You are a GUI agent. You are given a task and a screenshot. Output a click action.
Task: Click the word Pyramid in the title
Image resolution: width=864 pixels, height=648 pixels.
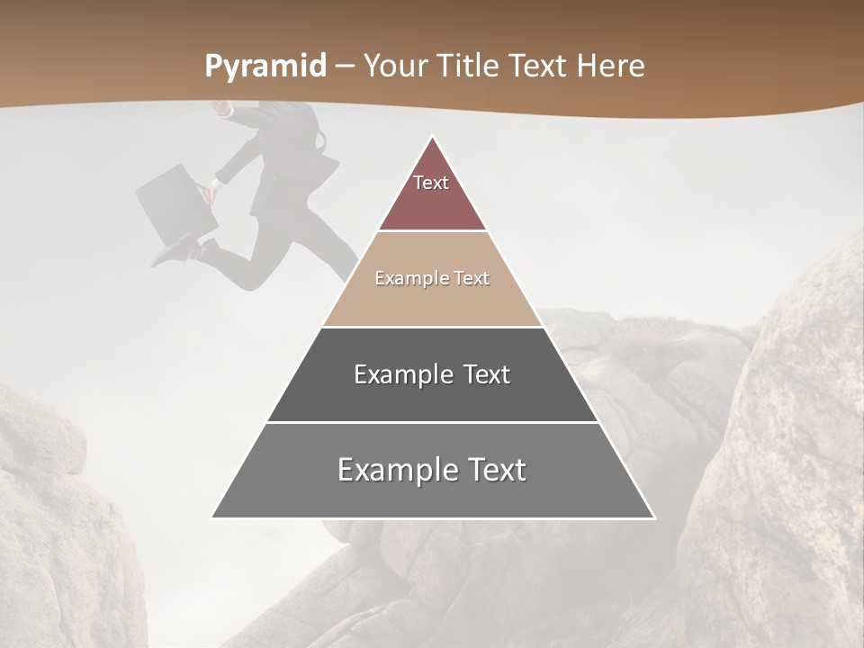265,66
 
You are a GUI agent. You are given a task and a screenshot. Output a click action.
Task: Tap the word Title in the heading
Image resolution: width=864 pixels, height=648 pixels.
473,66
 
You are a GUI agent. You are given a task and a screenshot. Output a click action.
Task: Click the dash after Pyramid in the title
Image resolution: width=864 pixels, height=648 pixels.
345,67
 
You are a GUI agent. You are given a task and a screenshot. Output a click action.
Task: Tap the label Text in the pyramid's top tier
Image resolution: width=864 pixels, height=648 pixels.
431,183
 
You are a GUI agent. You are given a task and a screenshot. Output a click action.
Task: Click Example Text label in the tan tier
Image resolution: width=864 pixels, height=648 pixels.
432,278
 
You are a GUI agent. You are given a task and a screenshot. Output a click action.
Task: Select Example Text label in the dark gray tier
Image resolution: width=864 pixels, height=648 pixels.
432,374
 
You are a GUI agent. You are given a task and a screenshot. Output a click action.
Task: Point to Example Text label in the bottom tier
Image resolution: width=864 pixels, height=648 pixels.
432,470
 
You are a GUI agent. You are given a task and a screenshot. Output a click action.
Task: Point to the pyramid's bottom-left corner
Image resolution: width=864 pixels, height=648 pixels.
212,517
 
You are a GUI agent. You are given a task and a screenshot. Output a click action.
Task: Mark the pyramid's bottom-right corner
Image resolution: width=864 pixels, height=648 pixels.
654,517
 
